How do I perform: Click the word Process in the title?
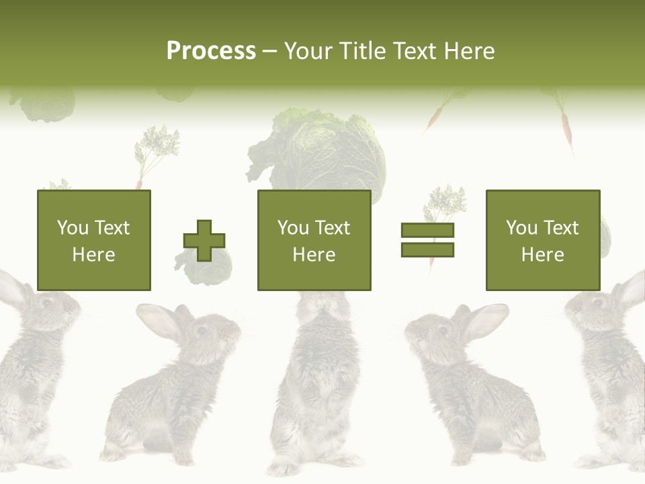[211, 51]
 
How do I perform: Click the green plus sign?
[204, 241]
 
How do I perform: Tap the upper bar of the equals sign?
[427, 230]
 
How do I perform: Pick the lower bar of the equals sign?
[427, 249]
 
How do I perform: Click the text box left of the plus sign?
[93, 240]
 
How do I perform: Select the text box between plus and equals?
[314, 240]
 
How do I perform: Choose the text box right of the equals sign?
[542, 240]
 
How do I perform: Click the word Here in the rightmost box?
[542, 255]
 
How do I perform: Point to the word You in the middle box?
[293, 228]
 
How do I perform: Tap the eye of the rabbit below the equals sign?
[441, 330]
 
